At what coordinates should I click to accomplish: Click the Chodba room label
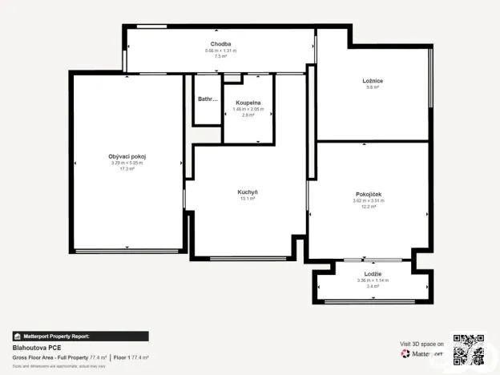[x=221, y=43]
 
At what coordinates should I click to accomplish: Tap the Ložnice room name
[x=372, y=80]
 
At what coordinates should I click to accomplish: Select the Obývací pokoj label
[x=127, y=155]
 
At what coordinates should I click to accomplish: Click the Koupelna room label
[x=248, y=103]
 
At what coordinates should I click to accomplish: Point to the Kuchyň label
[x=248, y=192]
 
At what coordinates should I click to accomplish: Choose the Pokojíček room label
[x=369, y=194]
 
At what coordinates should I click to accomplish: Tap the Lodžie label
[x=373, y=274]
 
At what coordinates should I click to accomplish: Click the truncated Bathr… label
[x=208, y=99]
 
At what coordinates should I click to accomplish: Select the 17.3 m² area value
[x=127, y=169]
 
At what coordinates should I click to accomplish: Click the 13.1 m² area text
[x=248, y=199]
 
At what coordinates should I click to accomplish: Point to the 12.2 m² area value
[x=369, y=207]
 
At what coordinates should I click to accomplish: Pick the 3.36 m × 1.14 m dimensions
[x=373, y=280]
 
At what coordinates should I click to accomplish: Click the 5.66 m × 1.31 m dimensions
[x=221, y=50]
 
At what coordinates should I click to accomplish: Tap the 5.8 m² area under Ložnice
[x=372, y=87]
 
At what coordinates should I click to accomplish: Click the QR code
[x=468, y=349]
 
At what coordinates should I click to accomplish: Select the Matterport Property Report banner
[x=80, y=337]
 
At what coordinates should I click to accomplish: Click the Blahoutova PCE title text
[x=37, y=348]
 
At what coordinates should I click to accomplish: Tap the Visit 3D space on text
[x=422, y=343]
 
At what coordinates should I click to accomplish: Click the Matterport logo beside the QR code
[x=422, y=353]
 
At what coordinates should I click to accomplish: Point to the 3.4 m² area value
[x=373, y=286]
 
